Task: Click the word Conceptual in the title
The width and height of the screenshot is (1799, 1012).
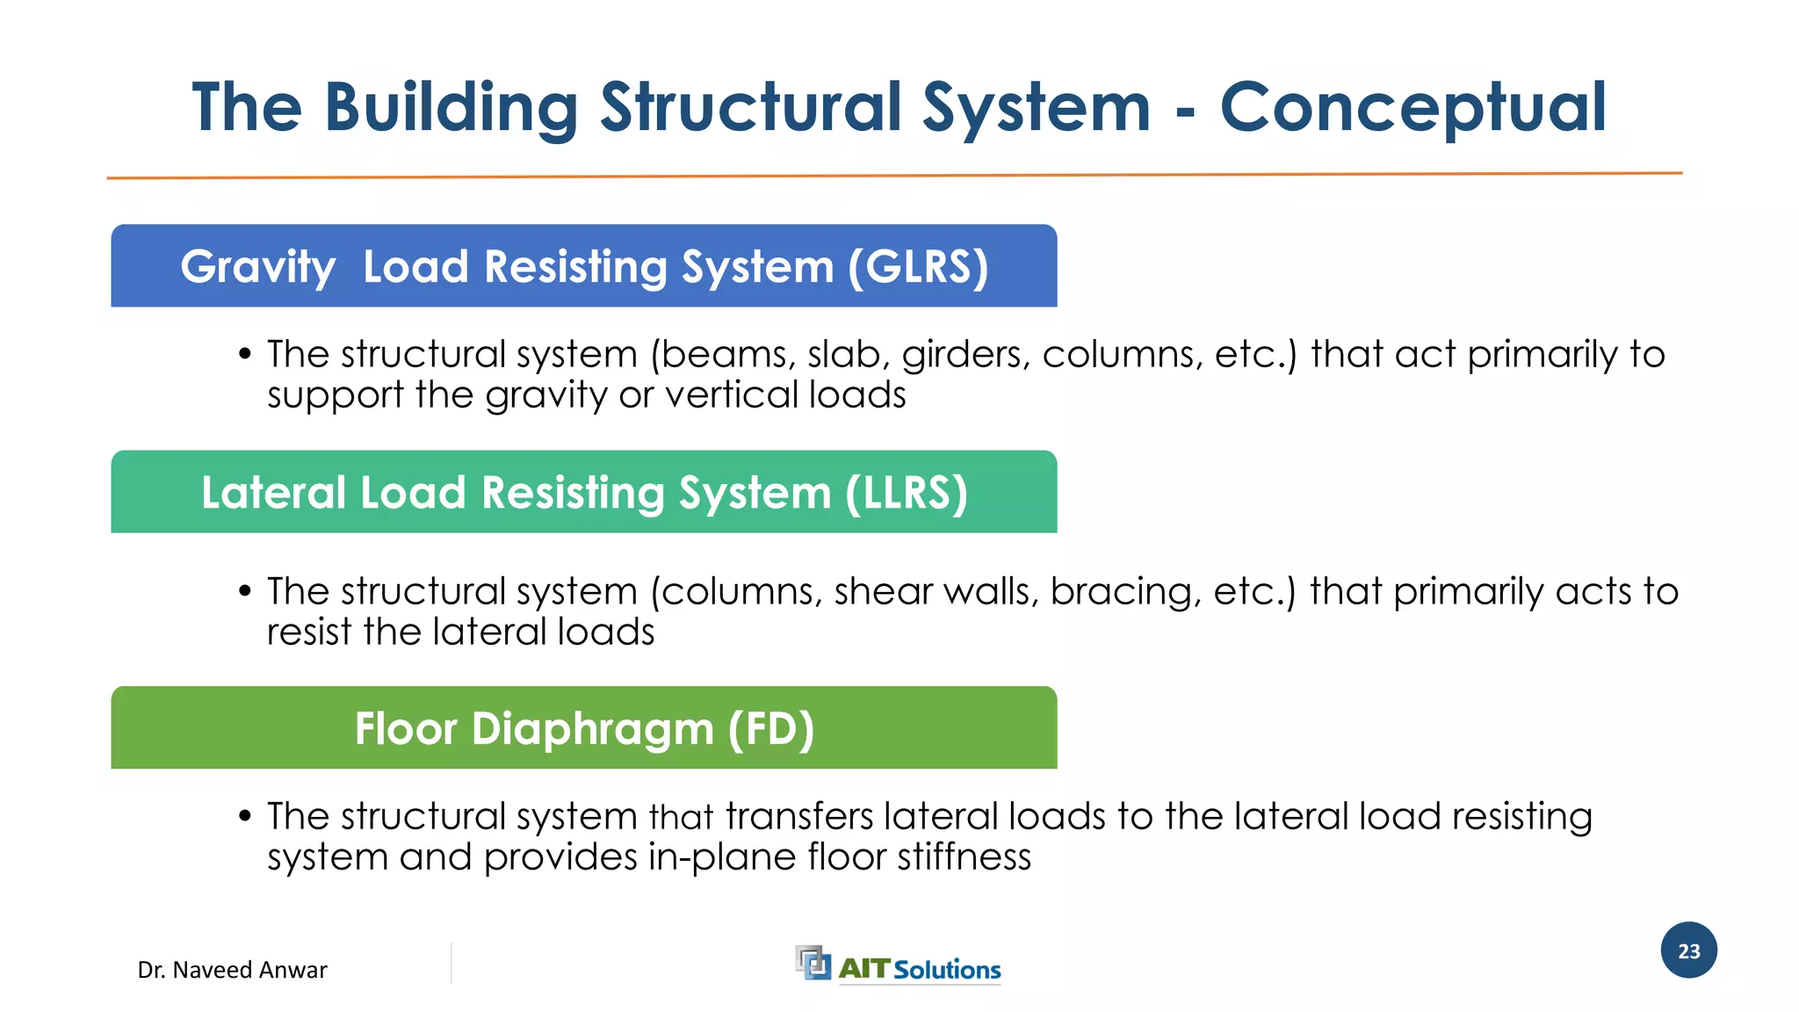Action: pyautogui.click(x=1412, y=108)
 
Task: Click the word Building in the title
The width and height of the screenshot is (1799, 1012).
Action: pyautogui.click(x=451, y=108)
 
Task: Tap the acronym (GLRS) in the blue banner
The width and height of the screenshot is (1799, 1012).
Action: pyautogui.click(x=918, y=267)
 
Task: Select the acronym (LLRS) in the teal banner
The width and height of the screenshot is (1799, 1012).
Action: pyautogui.click(x=906, y=493)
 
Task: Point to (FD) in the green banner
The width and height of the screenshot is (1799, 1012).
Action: pyautogui.click(x=770, y=729)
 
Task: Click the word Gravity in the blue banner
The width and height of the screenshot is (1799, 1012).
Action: pyautogui.click(x=257, y=267)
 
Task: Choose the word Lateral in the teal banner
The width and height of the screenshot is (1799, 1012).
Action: pyautogui.click(x=273, y=493)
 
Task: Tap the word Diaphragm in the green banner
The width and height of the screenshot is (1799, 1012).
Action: pyautogui.click(x=592, y=729)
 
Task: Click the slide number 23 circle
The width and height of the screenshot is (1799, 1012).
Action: pyautogui.click(x=1688, y=951)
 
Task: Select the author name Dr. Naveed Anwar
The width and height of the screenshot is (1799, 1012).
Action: pyautogui.click(x=232, y=970)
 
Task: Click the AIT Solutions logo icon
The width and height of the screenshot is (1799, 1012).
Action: pyautogui.click(x=813, y=963)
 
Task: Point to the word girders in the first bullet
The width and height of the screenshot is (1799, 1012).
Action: pyautogui.click(x=965, y=355)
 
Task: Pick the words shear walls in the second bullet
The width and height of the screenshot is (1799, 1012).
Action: pyautogui.click(x=936, y=592)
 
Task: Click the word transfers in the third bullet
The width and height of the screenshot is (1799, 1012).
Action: pyautogui.click(x=798, y=817)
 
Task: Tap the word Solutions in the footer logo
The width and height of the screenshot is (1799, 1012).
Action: pyautogui.click(x=947, y=970)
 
